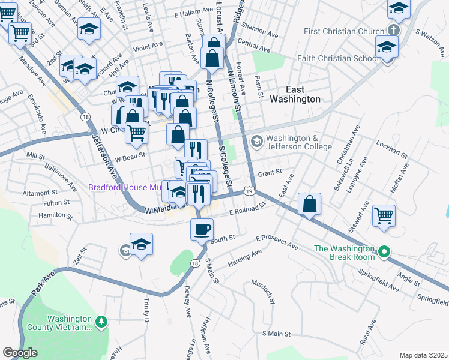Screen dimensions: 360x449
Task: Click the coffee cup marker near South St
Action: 202,229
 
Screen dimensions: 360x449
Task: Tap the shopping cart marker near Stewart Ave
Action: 384,215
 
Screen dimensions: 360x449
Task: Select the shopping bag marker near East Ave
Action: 309,204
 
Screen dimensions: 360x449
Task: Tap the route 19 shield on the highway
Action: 249,191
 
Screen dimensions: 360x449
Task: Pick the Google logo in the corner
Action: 20,353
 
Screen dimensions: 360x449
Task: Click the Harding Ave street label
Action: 244,260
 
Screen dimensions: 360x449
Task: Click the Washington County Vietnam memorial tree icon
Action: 101,322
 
